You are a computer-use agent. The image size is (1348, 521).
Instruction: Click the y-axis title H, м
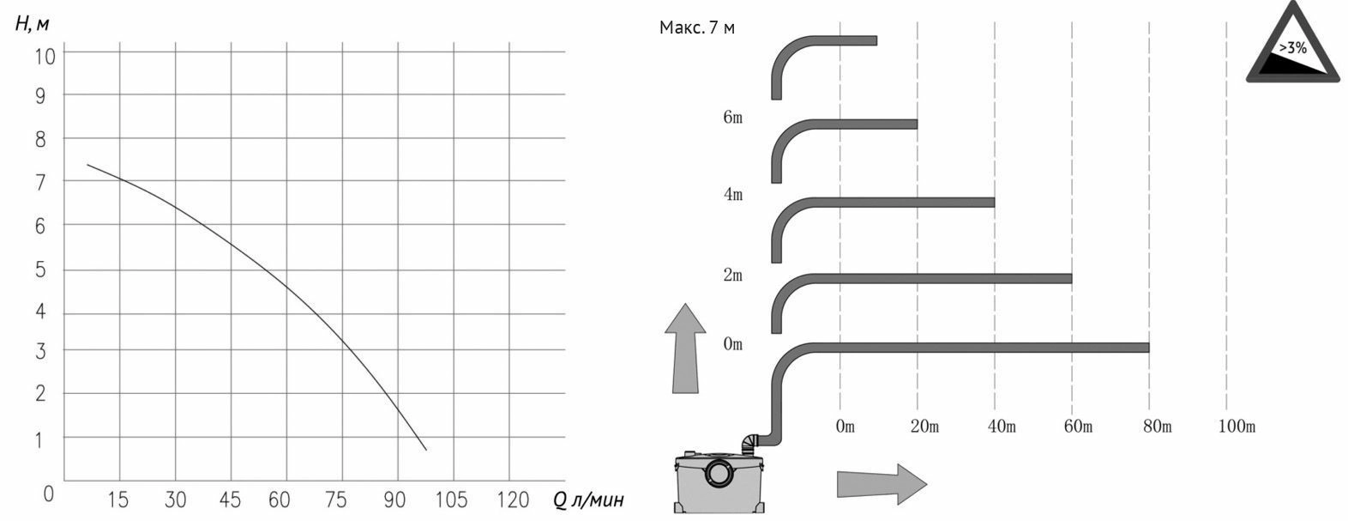coord(32,23)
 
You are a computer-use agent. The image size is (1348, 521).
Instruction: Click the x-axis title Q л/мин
coord(588,500)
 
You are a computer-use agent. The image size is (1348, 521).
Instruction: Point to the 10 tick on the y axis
coord(45,57)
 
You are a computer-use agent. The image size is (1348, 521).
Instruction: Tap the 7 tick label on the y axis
coord(40,182)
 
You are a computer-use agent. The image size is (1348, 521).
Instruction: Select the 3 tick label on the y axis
coord(40,351)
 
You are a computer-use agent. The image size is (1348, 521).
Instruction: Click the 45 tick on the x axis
coord(230,500)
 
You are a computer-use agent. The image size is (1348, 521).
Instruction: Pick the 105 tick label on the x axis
coord(451,500)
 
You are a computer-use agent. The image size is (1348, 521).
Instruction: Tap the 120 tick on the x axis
coord(513,500)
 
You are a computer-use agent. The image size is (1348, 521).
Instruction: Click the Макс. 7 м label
coord(697,27)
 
